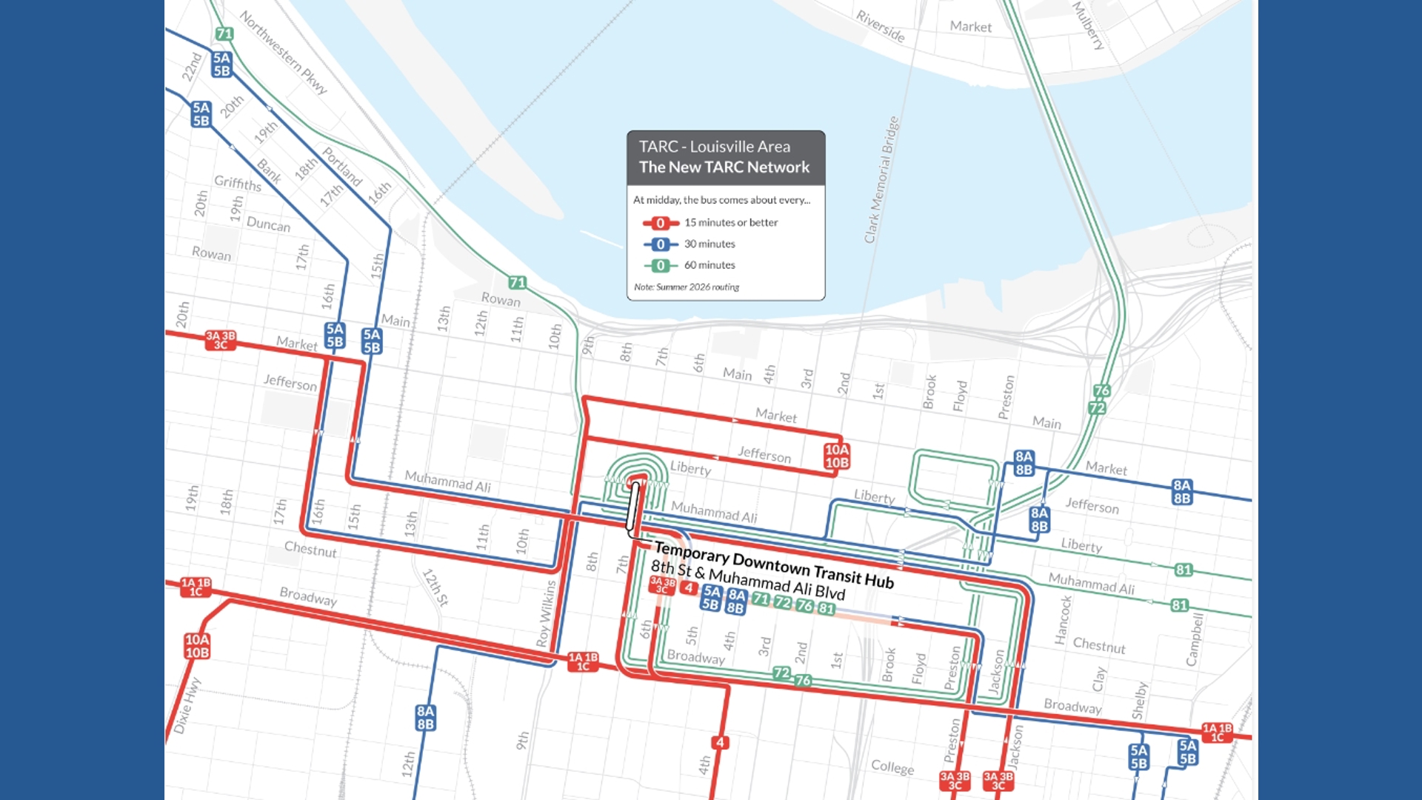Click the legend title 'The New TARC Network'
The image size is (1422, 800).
coord(724,167)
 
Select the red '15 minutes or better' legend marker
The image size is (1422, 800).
coord(660,223)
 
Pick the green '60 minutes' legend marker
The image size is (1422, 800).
coord(660,265)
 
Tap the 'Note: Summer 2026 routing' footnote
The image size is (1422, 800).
coord(686,287)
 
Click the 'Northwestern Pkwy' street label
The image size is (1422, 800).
coord(283,52)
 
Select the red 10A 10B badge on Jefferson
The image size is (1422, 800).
coord(837,456)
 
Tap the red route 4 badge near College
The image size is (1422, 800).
coord(720,742)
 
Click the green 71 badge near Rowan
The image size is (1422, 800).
coord(517,283)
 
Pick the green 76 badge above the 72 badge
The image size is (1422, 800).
coord(1101,390)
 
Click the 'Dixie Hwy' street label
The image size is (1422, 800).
coord(187,705)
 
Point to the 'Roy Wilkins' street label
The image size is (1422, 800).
coord(546,613)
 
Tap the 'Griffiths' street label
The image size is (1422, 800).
coord(237,183)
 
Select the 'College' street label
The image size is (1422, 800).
coord(892,767)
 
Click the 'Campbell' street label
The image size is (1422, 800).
coord(1194,639)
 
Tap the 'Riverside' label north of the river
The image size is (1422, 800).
coord(880,26)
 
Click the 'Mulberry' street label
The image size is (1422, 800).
coord(1088,25)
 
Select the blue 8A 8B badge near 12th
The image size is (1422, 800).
coord(425,718)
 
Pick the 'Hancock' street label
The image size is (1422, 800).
coord(1064,620)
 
